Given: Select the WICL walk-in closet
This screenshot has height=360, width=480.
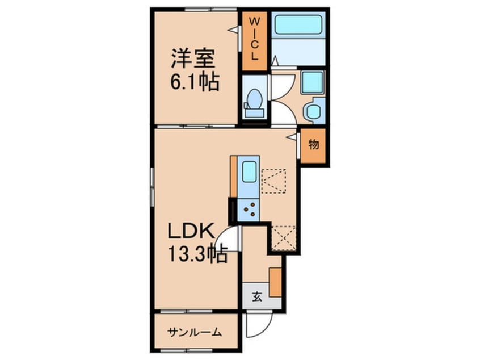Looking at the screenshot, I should tap(254, 40).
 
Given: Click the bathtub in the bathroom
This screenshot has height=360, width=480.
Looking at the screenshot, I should tap(298, 26).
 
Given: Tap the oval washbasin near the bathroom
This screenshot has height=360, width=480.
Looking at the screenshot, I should tap(314, 110).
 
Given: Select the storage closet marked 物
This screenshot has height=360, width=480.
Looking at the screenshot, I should tap(314, 145).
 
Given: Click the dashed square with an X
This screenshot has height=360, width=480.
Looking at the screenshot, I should tap(283, 237).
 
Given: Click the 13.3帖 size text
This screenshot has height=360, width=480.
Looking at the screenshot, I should tap(197, 254).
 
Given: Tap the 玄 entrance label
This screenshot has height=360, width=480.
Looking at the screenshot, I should tap(257, 296).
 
